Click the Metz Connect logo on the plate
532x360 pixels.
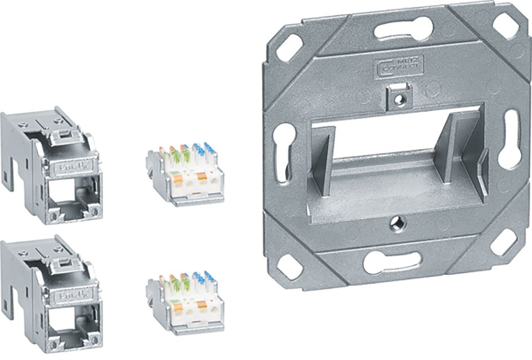coord(399,67)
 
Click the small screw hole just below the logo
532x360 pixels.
coord(399,97)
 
